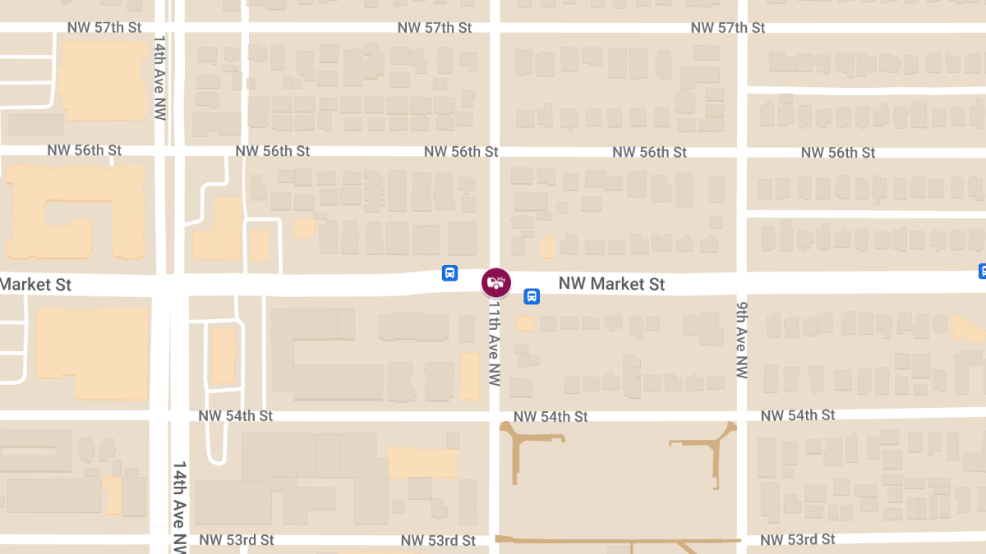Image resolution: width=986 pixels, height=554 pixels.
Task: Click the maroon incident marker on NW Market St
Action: click(x=495, y=283)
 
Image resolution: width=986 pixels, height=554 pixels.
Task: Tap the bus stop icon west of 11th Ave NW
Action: click(x=449, y=273)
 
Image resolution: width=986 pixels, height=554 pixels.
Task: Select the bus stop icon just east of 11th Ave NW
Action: click(x=532, y=296)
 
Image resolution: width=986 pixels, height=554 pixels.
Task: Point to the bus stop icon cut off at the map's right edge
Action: click(x=982, y=271)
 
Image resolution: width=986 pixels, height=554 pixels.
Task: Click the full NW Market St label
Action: click(x=611, y=284)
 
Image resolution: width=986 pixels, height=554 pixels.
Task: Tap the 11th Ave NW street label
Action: click(x=493, y=346)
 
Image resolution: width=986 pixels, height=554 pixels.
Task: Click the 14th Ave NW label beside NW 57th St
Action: click(x=160, y=77)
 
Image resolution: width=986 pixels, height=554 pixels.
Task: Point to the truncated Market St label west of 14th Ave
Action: click(x=36, y=285)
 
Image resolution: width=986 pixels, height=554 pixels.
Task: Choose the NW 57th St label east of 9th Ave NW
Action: click(x=727, y=28)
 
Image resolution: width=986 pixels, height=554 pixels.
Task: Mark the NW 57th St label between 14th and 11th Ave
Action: click(x=434, y=28)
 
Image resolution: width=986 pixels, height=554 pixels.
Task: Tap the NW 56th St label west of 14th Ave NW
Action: click(x=84, y=151)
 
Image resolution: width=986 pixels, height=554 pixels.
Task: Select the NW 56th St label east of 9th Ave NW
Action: click(x=838, y=153)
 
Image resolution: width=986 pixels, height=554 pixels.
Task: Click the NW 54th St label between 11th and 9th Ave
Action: click(x=551, y=417)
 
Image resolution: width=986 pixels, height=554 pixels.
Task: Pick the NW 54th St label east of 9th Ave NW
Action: click(x=797, y=416)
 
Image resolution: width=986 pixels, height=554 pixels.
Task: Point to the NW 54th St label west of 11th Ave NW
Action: click(x=235, y=416)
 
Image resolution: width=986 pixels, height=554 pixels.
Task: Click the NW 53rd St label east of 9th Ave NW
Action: click(x=797, y=539)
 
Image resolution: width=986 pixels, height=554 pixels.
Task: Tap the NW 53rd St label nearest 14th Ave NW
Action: click(x=237, y=540)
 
